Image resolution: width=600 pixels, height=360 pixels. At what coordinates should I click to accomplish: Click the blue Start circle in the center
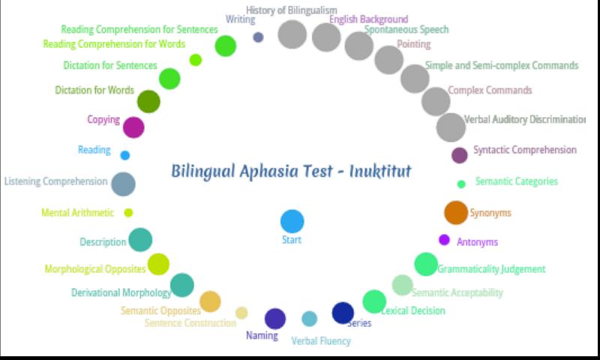coord(292,221)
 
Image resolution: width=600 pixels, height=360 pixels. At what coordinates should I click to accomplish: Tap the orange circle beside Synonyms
coord(456,212)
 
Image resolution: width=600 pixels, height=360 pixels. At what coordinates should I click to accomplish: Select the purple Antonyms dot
coord(444,240)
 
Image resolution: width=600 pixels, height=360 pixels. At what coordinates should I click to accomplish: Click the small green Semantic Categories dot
coord(461,184)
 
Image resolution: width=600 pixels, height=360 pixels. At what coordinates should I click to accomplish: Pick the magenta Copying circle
coord(133,127)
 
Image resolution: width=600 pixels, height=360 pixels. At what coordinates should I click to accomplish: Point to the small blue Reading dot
coord(125,155)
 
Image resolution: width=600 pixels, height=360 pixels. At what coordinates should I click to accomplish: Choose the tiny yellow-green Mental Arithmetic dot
coord(128,213)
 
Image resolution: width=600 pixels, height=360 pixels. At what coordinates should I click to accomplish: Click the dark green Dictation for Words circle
coord(148,102)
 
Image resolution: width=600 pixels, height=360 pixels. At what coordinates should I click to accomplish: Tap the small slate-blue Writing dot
coord(258,37)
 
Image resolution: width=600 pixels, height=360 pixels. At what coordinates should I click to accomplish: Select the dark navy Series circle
coord(343,313)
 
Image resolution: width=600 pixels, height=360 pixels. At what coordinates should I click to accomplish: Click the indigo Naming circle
coord(275,319)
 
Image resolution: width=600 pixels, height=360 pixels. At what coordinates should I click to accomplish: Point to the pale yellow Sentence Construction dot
coord(241,313)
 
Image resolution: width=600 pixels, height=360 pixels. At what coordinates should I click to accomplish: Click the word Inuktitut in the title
coord(380,171)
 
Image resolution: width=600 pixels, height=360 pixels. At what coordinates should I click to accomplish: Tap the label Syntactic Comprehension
coord(524,150)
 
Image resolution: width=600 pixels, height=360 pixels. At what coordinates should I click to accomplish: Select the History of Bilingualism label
coord(292,10)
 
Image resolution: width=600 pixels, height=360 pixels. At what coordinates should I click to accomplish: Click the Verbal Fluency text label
coord(321,340)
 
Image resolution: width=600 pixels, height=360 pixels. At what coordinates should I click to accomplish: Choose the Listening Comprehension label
coord(55,181)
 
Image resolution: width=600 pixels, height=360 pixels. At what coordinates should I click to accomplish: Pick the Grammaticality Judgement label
coord(491,269)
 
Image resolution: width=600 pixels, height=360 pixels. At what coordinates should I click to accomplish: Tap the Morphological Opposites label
coord(95,269)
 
